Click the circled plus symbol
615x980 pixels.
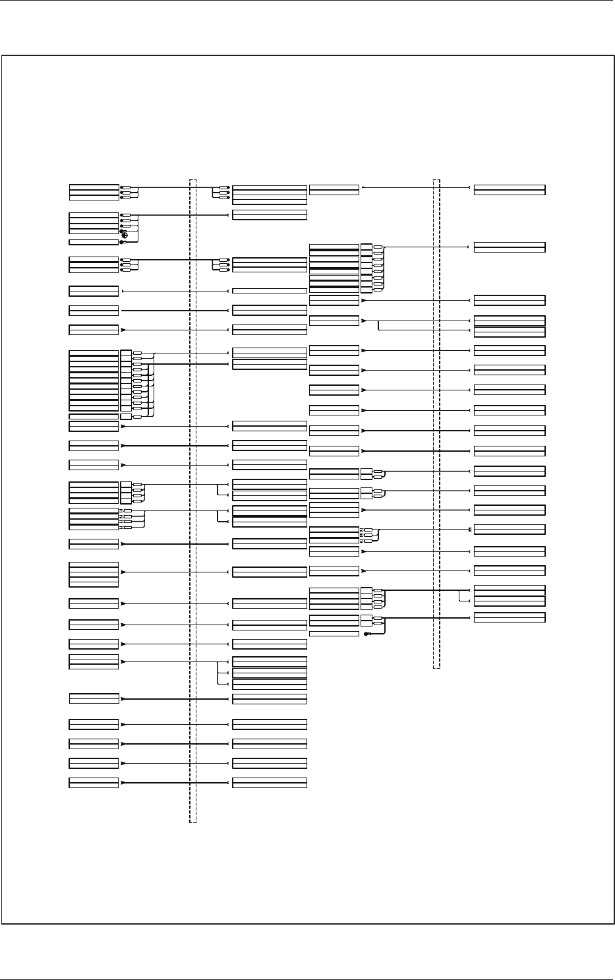pyautogui.click(x=125, y=235)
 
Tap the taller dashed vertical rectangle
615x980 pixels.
pyautogui.click(x=192, y=501)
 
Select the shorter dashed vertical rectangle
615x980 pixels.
pyautogui.click(x=436, y=422)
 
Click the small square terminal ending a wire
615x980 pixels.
pyautogui.click(x=470, y=529)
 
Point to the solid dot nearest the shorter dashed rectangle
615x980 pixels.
pyautogui.click(x=366, y=634)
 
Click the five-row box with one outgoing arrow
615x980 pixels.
pyautogui.click(x=94, y=574)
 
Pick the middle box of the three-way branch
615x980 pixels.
pyautogui.click(x=270, y=673)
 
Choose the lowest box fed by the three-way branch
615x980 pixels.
pyautogui.click(x=270, y=685)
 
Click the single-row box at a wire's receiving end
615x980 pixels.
pyautogui.click(x=270, y=290)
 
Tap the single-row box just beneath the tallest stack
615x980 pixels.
pyautogui.click(x=94, y=417)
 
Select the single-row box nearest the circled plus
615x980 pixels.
pyautogui.click(x=94, y=242)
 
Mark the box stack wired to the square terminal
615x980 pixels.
pyautogui.click(x=334, y=534)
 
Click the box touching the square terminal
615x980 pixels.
pyautogui.click(x=510, y=530)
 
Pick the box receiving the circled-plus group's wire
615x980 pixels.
pyautogui.click(x=270, y=215)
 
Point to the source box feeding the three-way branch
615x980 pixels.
pyautogui.click(x=94, y=661)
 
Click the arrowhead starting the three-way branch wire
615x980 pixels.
pyautogui.click(x=123, y=661)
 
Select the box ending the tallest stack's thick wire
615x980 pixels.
pyautogui.click(x=270, y=364)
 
